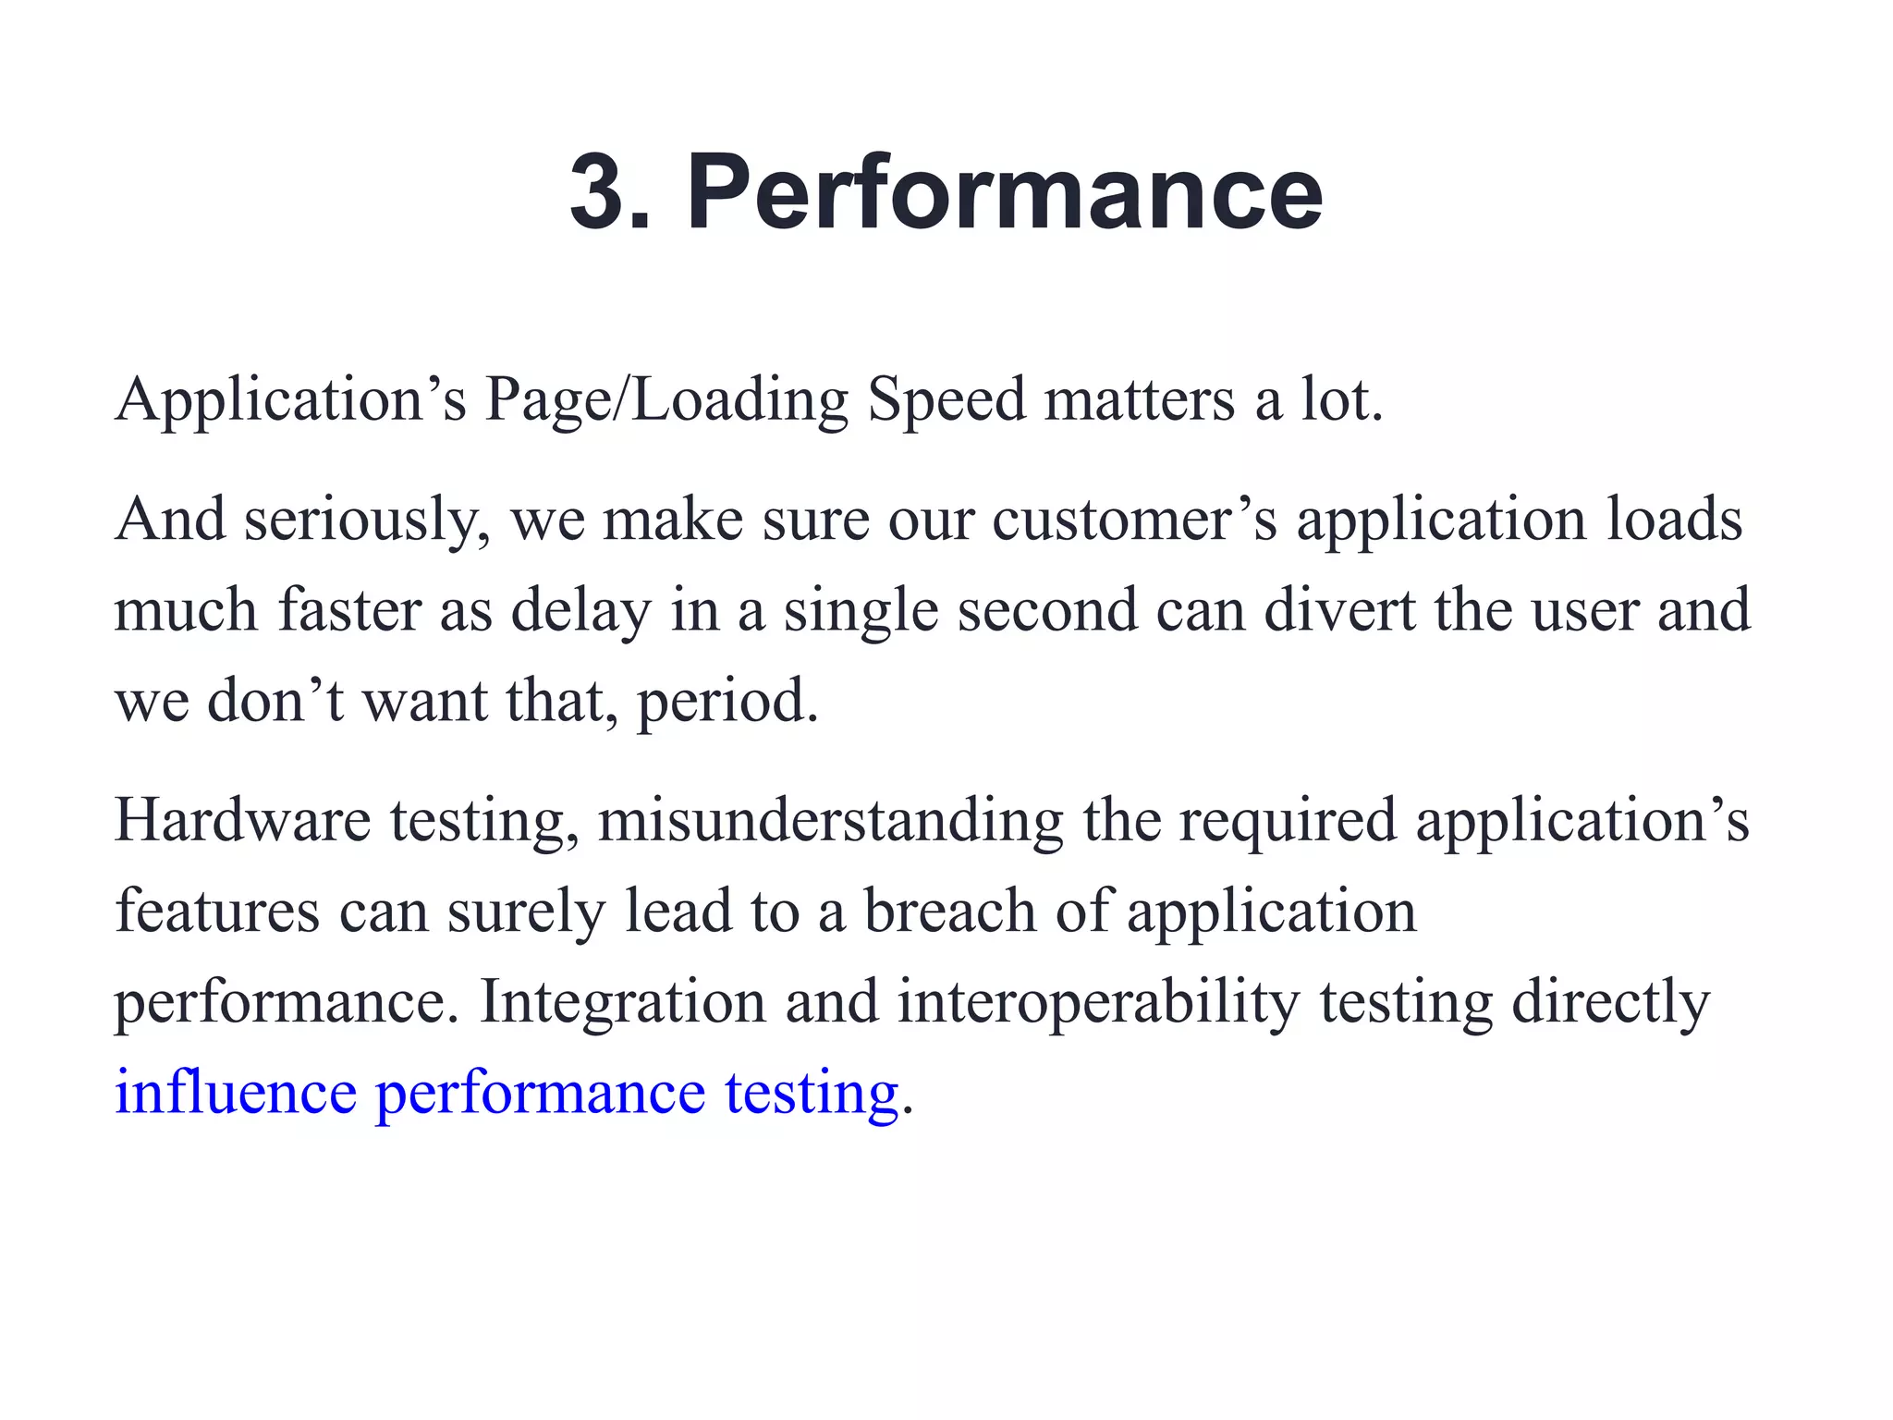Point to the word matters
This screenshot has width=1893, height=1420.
click(1140, 399)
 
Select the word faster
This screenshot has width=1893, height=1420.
click(349, 610)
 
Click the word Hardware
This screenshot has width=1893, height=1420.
click(242, 820)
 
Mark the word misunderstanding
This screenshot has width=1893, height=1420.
click(830, 822)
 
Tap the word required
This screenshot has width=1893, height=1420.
click(1287, 822)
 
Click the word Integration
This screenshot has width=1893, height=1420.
click(623, 1002)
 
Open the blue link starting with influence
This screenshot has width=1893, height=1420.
click(507, 1094)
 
